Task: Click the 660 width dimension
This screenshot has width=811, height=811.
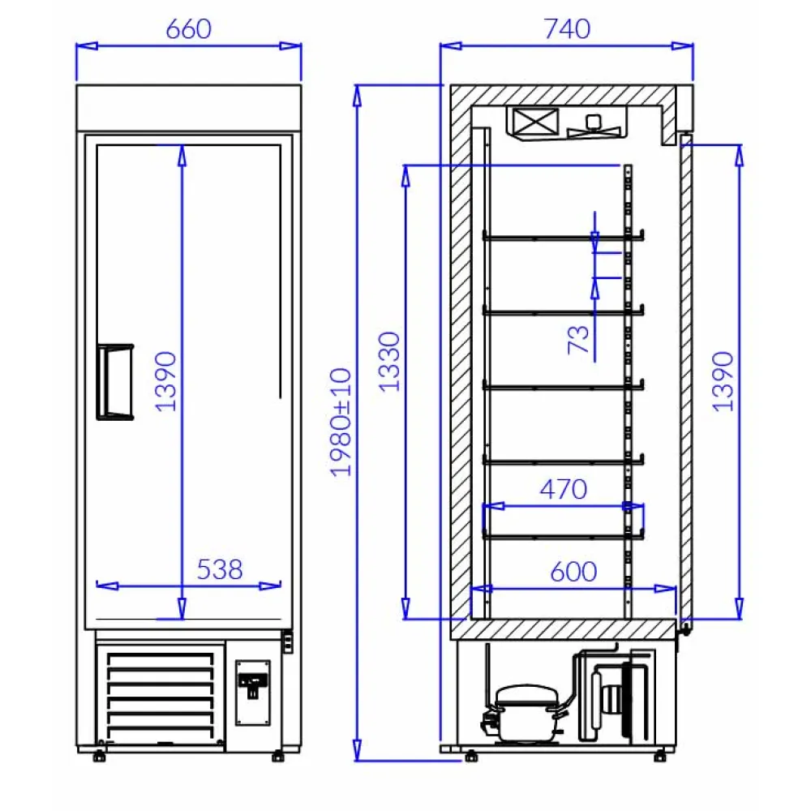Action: click(x=188, y=29)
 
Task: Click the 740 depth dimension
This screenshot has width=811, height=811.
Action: click(x=567, y=29)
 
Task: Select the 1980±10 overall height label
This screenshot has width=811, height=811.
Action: click(x=341, y=422)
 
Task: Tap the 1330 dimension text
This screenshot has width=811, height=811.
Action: click(x=390, y=361)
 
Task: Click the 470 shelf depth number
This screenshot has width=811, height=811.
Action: click(x=563, y=489)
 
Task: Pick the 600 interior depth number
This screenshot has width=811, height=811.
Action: click(x=573, y=572)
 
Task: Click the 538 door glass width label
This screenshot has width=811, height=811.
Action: click(x=220, y=569)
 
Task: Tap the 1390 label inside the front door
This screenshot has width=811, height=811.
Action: click(x=165, y=381)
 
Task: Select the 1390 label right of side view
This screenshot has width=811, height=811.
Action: click(x=723, y=381)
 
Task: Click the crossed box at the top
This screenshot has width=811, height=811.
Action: click(x=534, y=122)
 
